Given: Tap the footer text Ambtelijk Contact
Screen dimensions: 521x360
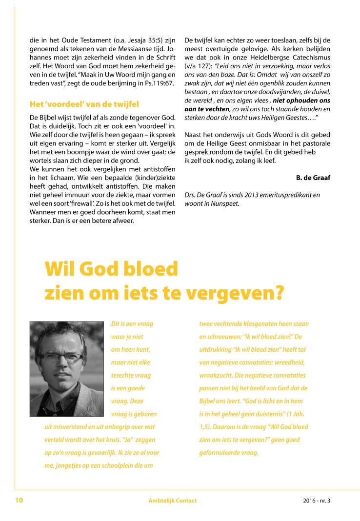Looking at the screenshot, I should [173, 501].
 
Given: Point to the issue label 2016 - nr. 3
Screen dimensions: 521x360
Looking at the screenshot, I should [316, 501].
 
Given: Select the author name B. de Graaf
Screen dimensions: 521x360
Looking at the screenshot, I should [313, 178].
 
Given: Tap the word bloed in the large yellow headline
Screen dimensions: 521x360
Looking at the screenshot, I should [150, 270].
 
